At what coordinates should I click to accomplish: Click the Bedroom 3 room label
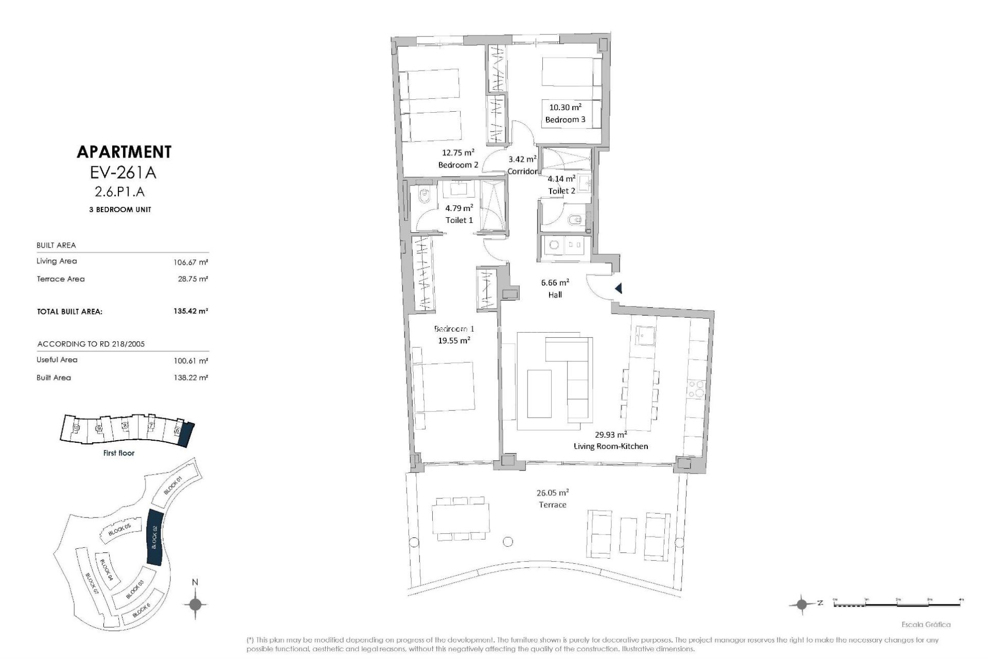click(x=565, y=119)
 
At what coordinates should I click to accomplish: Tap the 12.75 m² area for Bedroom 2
click(x=458, y=152)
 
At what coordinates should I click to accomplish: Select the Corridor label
click(x=522, y=171)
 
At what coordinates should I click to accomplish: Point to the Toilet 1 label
click(x=459, y=220)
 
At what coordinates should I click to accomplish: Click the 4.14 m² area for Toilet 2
click(x=561, y=179)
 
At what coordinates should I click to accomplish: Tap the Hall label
click(x=555, y=294)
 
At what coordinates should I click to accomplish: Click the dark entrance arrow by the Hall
click(x=619, y=289)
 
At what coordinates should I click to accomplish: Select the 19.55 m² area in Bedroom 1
click(x=454, y=340)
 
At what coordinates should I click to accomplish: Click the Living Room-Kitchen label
click(x=611, y=446)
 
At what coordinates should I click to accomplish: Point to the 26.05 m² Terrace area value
click(x=552, y=492)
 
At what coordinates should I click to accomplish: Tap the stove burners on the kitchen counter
click(x=696, y=389)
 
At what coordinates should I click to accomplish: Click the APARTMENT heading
click(x=123, y=152)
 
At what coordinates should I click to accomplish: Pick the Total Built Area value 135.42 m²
click(x=191, y=311)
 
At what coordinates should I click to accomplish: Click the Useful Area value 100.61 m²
click(x=191, y=360)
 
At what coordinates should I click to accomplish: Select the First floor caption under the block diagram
click(x=119, y=453)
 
